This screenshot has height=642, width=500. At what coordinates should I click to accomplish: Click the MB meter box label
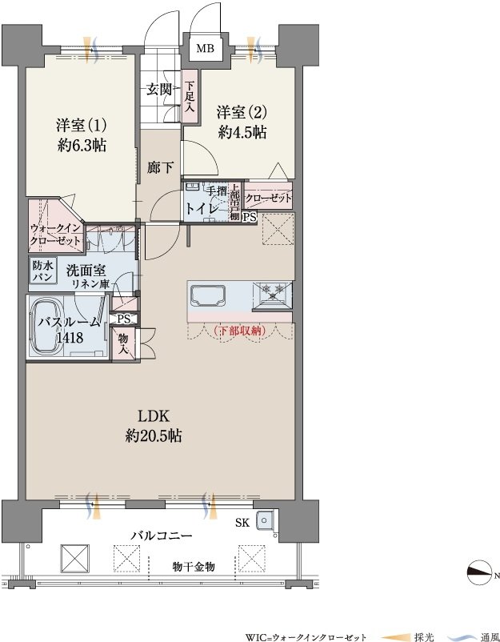pyautogui.click(x=205, y=49)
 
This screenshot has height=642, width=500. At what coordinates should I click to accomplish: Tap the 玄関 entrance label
pyautogui.click(x=158, y=90)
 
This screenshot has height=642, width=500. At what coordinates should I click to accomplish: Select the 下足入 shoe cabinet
pyautogui.click(x=190, y=97)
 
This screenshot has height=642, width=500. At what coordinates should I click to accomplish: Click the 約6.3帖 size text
pyautogui.click(x=82, y=145)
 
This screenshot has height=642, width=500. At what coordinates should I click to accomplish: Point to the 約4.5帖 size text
pyautogui.click(x=242, y=132)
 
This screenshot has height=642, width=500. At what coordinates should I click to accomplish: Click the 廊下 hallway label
pyautogui.click(x=160, y=167)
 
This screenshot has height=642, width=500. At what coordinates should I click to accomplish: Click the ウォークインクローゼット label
pyautogui.click(x=55, y=235)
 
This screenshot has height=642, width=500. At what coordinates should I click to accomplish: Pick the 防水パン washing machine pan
pyautogui.click(x=43, y=271)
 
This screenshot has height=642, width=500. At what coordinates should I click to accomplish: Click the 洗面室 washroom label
pyautogui.click(x=86, y=271)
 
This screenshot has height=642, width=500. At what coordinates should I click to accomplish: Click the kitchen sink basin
pyautogui.click(x=208, y=296)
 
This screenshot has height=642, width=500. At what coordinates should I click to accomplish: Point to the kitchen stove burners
pyautogui.click(x=273, y=290)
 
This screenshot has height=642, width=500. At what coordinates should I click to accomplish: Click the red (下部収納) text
pyautogui.click(x=240, y=331)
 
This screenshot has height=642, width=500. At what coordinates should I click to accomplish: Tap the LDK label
pyautogui.click(x=154, y=417)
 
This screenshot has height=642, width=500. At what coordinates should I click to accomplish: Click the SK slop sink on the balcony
pyautogui.click(x=264, y=521)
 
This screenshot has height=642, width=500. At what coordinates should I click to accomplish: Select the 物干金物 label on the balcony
pyautogui.click(x=193, y=567)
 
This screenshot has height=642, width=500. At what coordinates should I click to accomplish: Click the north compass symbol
pyautogui.click(x=479, y=572)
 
